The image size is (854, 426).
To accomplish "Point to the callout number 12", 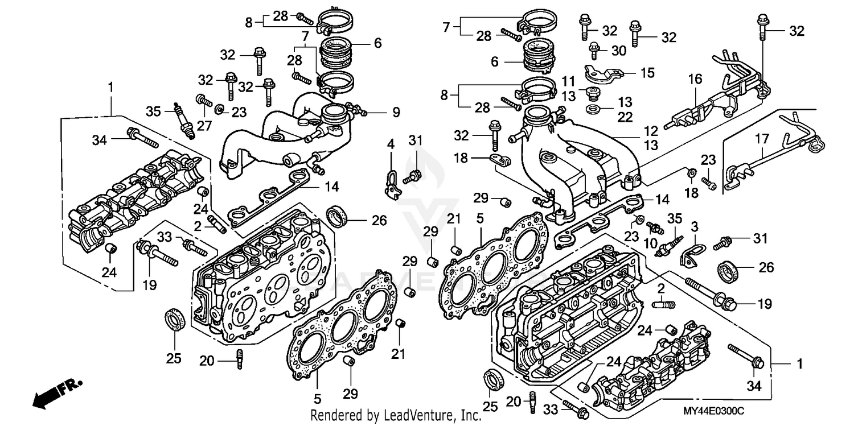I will click(x=651, y=130).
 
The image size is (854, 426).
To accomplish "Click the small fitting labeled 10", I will click(x=656, y=229).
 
